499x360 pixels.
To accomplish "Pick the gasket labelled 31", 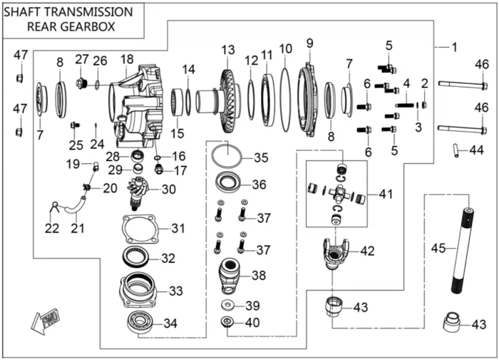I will [140, 230].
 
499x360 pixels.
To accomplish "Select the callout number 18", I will [127, 58].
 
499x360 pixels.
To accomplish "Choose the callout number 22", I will [51, 228].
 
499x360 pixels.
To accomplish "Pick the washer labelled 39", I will [227, 305].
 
